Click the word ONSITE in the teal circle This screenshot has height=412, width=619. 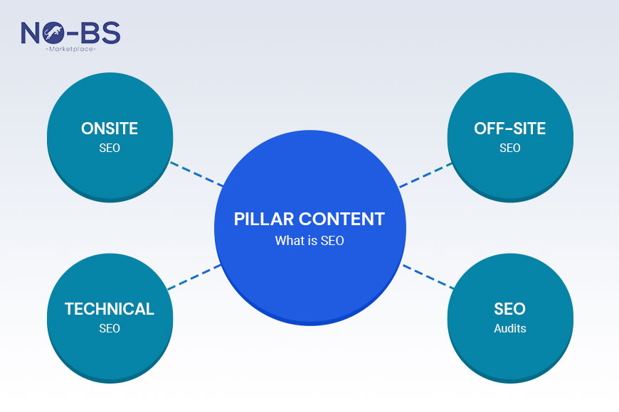109,129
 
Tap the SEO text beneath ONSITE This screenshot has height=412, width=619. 109,148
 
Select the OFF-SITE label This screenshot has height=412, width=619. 509,129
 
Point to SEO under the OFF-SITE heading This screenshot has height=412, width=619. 509,148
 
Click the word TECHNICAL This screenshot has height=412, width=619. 109,309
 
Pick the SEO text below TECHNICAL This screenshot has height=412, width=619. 109,328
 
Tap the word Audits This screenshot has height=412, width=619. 509,328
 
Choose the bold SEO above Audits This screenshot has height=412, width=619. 509,309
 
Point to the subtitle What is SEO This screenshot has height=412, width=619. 309,241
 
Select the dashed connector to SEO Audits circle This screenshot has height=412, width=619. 428,277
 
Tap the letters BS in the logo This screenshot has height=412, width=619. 100,33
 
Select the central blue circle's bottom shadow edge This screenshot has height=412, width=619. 309,323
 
